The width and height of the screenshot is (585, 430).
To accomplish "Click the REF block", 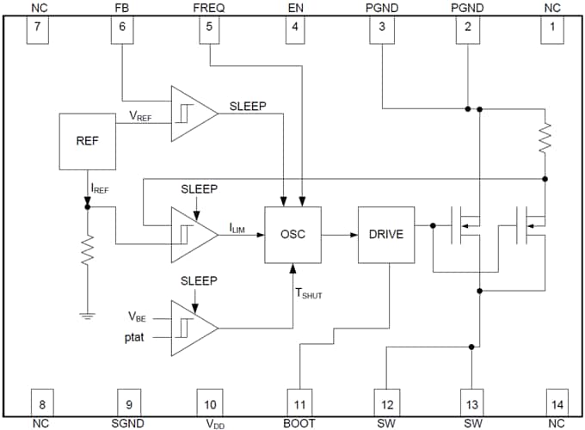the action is pos(87,142).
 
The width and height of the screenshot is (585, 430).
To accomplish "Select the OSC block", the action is pos(292,235).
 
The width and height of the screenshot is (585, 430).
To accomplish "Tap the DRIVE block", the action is pos(386,235).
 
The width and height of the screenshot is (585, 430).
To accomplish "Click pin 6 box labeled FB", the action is pos(122,30).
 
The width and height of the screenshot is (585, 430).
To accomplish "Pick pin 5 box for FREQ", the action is pos(209,30).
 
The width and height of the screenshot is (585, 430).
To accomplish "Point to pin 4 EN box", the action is pos(295,30).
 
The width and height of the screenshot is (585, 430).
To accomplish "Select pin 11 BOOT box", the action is pos(299,402).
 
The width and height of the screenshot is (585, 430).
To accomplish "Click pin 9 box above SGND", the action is pos(129,402).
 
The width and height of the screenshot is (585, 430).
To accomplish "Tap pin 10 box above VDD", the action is pos(210,402).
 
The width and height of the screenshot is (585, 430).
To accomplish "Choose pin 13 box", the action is pos(472,402).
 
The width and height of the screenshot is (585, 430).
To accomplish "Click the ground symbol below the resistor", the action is pos(87,316).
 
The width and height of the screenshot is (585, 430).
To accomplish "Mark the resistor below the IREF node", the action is pos(87,250).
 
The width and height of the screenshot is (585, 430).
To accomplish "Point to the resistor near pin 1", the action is pos(545,138).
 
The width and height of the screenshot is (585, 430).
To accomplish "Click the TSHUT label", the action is pos(309,293).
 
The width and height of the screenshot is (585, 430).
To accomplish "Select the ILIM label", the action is pos(237,228).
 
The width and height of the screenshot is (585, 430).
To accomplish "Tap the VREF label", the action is pos(140,115).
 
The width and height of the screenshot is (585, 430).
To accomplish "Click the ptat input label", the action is pos(134,337).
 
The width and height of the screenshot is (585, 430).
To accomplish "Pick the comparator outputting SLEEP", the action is pos(194,114).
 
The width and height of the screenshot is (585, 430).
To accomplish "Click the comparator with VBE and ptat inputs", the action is pos(194,329).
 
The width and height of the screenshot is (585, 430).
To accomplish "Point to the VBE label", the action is pos(137,317).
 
